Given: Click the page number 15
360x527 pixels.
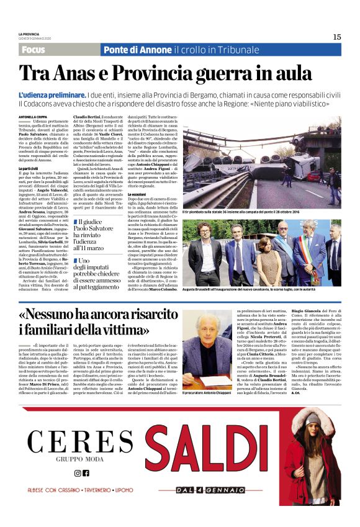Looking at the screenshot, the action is pyautogui.click(x=336, y=37).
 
